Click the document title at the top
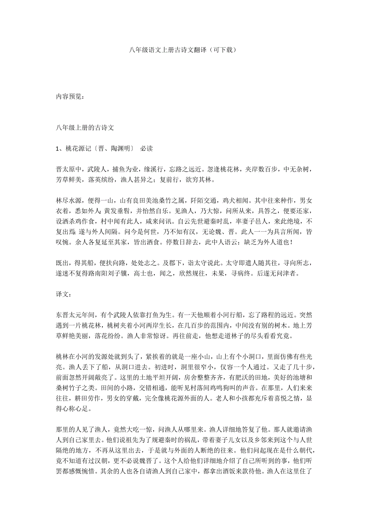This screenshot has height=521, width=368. (184, 50)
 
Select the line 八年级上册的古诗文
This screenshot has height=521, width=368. (85, 128)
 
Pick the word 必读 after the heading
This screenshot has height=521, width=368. (146, 149)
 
